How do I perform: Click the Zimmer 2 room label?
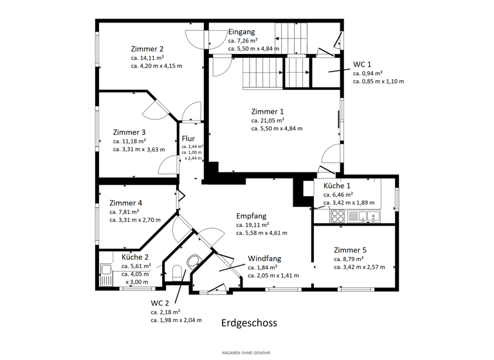[147, 48]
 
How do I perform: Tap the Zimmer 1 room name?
[267, 111]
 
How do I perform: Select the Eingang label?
[241, 32]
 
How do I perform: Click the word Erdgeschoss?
[249, 323]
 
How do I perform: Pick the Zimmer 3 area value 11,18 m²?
[129, 141]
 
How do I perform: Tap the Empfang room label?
[251, 216]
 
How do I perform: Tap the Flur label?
[188, 138]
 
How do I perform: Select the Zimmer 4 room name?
[125, 203]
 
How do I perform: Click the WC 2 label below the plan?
[160, 302]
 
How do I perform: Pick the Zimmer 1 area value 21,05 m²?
[268, 120]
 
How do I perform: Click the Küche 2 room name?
[135, 257]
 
